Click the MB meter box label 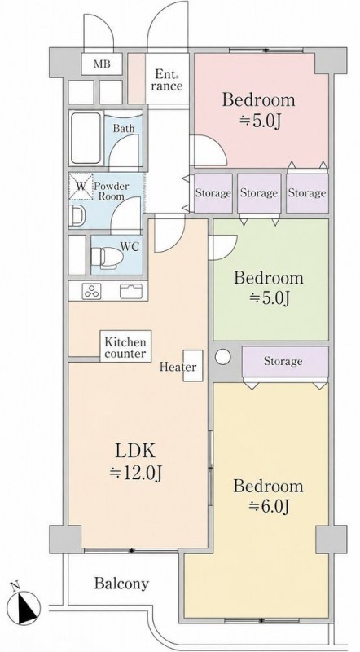point(102,64)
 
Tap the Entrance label point(169,80)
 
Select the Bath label point(124,128)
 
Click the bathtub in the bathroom point(86,138)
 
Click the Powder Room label point(112,191)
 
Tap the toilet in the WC point(107,257)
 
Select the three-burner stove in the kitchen point(92,291)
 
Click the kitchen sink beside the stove point(131,291)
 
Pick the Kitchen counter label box point(125,347)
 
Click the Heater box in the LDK point(193,366)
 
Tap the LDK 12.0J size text point(135,462)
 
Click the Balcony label point(121,584)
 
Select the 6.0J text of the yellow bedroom point(269,506)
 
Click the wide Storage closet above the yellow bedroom point(285,361)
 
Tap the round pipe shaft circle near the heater point(223,357)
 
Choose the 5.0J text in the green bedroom point(269,297)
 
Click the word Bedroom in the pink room point(258,100)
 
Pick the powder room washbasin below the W point(78,215)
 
